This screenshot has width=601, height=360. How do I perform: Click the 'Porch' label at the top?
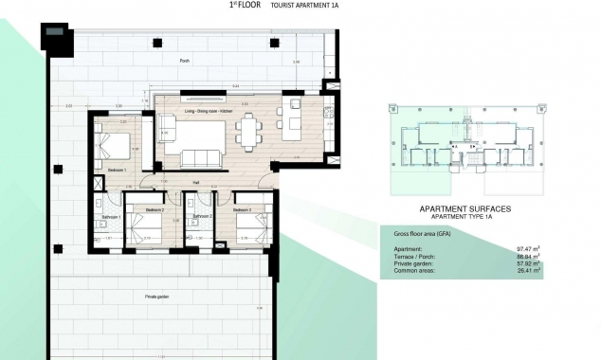(x=184, y=61)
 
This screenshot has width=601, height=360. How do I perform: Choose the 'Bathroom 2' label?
(x=200, y=217)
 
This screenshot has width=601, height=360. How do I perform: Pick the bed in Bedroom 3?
(x=249, y=227)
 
